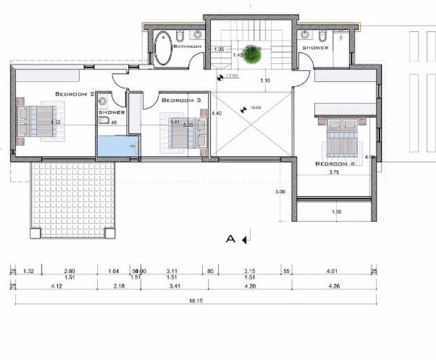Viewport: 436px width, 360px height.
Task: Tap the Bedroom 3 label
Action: click(x=181, y=100)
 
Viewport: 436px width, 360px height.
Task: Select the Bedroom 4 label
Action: click(x=335, y=164)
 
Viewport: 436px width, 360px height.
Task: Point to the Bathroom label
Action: click(x=188, y=47)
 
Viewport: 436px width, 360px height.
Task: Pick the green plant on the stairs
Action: click(x=253, y=55)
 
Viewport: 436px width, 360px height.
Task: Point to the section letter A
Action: click(x=230, y=238)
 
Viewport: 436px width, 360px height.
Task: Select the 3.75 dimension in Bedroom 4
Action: click(x=333, y=173)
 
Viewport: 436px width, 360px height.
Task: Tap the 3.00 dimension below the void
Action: click(x=280, y=192)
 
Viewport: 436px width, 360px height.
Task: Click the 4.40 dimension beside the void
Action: click(x=217, y=114)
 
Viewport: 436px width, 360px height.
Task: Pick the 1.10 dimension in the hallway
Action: click(x=266, y=81)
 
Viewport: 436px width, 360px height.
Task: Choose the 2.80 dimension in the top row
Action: click(x=69, y=271)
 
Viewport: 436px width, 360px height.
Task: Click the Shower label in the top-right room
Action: click(x=315, y=48)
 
